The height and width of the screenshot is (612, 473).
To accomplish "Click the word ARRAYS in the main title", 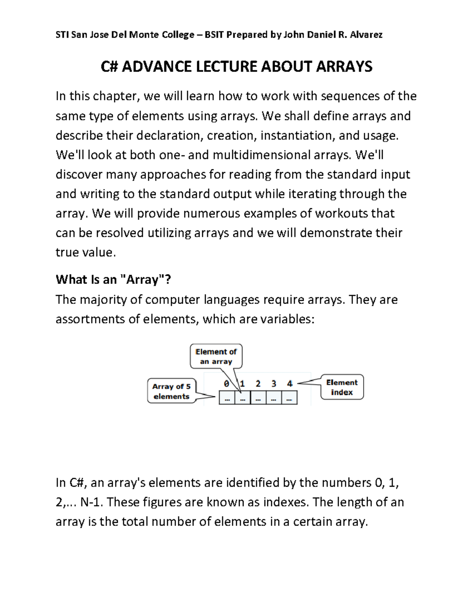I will (x=344, y=67).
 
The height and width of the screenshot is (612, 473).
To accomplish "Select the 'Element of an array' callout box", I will (x=216, y=356).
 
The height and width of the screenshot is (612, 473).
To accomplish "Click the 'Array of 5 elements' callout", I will (x=171, y=391).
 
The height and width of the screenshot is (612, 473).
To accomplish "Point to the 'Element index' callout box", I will (x=342, y=387).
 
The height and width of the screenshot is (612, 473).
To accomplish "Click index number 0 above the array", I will (x=226, y=383).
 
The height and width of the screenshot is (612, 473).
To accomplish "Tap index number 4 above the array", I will (x=290, y=383).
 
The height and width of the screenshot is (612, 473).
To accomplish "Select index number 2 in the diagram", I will (x=258, y=383).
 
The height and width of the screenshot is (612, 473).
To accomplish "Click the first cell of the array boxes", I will (x=227, y=398).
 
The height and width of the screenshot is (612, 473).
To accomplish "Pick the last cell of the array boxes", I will (x=289, y=398).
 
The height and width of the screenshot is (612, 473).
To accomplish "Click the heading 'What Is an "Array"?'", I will (x=114, y=279).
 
